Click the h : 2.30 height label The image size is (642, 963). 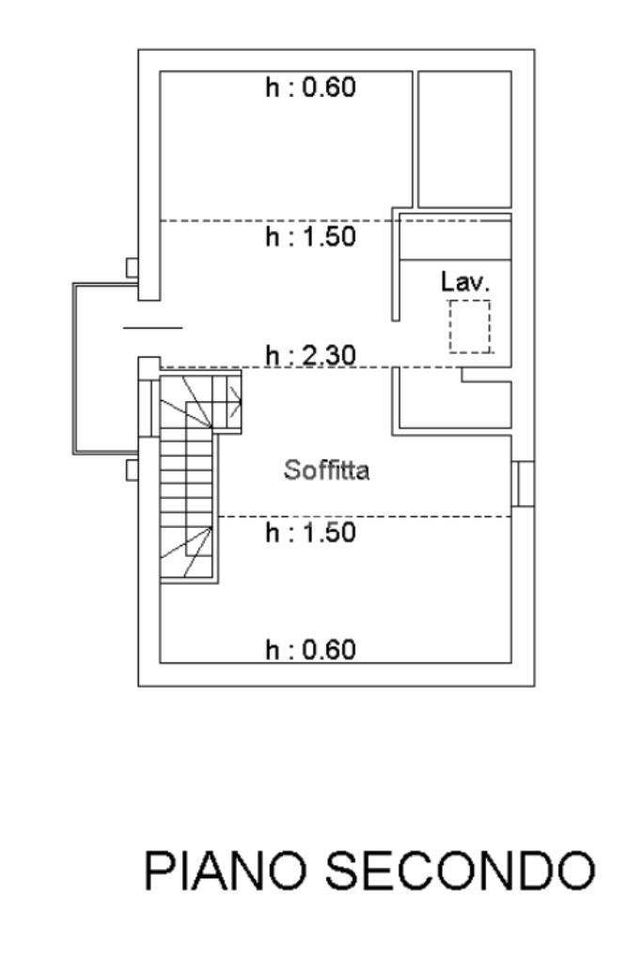310,356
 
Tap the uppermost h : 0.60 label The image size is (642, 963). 310,89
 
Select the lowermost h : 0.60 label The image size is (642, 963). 310,649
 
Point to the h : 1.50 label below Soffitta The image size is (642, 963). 310,533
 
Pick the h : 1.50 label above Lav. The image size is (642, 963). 310,238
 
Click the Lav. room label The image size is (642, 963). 465,282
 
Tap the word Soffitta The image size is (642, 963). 327,471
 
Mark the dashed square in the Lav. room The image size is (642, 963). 469,327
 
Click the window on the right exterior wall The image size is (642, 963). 524,483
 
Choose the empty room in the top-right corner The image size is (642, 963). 464,138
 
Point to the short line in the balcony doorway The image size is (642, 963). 152,327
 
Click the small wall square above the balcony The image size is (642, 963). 133,269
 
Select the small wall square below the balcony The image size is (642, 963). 133,469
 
